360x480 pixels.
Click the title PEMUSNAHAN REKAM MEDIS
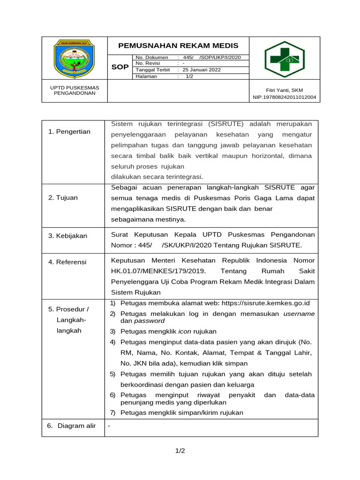(178, 45)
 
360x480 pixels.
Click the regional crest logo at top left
(75, 59)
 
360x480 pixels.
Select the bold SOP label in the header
(120, 67)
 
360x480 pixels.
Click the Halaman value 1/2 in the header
(189, 76)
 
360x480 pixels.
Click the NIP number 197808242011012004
(284, 97)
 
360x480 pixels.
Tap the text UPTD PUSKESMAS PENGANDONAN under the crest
(75, 90)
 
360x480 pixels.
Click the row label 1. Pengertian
(69, 132)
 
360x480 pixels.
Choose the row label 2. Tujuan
(63, 197)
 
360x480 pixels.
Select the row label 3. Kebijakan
(68, 236)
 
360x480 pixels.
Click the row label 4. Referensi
(67, 262)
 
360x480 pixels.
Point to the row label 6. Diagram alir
(72, 426)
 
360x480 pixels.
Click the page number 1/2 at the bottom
(180, 451)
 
